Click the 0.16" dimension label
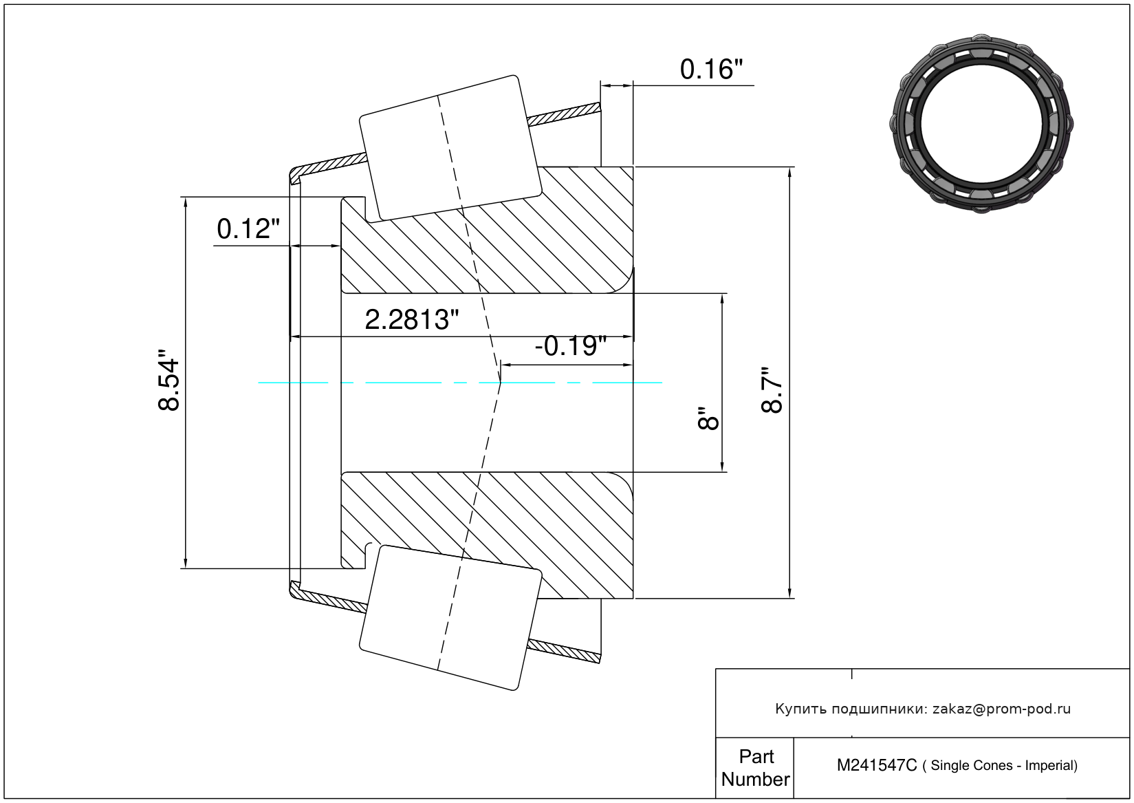tap(711, 69)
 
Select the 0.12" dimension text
tap(248, 229)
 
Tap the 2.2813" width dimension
tap(411, 320)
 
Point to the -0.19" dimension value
tap(571, 345)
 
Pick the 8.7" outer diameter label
tap(772, 389)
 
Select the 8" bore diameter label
tap(708, 418)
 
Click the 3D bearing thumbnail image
tap(981, 122)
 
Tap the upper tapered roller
tap(450, 148)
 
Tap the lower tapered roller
tap(450, 617)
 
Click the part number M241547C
tap(876, 765)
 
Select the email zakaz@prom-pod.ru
tap(1001, 709)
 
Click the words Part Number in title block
tap(756, 768)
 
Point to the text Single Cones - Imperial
tap(1003, 765)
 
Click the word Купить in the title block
tap(800, 709)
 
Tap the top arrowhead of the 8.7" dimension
tap(789, 172)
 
